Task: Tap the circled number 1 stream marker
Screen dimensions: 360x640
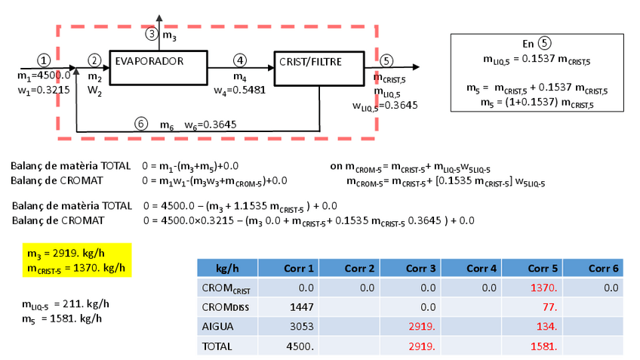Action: coord(45,59)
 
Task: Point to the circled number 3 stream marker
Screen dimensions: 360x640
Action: coord(152,33)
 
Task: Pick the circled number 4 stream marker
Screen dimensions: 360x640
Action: coord(240,60)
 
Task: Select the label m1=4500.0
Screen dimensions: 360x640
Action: coord(43,75)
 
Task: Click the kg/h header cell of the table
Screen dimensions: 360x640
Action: coord(228,268)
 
